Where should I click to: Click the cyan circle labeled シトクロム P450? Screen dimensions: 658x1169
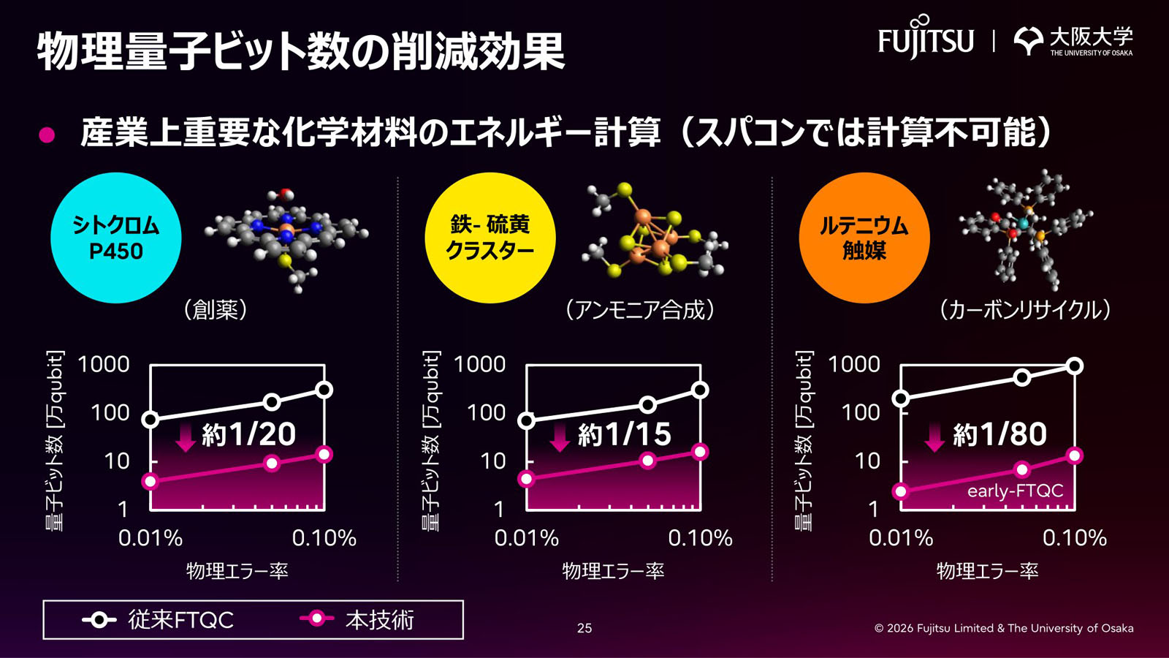click(x=115, y=238)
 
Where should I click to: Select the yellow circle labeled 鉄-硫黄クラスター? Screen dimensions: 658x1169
click(x=490, y=238)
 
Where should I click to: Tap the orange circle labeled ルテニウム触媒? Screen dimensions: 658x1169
click(x=864, y=238)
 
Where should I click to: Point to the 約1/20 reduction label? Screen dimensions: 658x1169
click(x=248, y=434)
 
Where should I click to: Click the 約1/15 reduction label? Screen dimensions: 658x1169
click(x=624, y=434)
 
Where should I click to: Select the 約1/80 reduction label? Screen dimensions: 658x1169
click(x=999, y=434)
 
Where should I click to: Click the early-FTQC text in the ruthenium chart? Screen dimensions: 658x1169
click(x=1015, y=491)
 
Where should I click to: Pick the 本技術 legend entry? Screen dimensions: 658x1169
click(x=357, y=620)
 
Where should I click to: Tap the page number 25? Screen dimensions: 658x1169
click(x=584, y=628)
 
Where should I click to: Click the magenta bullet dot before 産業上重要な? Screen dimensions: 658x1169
click(x=47, y=135)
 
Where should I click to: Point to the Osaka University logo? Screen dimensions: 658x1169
click(x=1073, y=41)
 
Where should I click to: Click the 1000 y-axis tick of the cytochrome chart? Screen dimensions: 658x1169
click(x=103, y=364)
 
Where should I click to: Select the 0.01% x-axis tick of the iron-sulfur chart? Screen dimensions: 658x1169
click(x=526, y=538)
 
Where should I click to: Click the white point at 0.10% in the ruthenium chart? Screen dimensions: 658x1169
click(x=1074, y=366)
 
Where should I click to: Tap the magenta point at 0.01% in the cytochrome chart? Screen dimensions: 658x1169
click(x=150, y=481)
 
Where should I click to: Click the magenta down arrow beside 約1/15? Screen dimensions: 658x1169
click(x=560, y=436)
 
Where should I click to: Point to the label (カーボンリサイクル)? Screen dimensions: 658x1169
click(x=1025, y=310)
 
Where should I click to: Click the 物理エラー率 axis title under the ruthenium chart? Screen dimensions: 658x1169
click(x=987, y=570)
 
